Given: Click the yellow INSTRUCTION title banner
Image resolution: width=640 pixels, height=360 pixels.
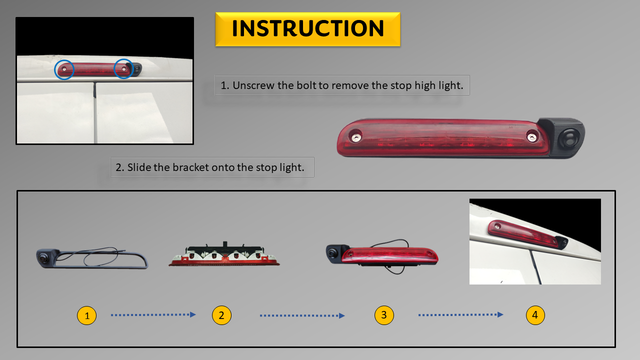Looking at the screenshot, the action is point(307,29).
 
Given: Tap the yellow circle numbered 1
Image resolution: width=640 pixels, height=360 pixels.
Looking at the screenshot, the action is point(87,315).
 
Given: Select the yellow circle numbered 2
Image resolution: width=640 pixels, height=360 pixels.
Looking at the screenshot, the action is point(221,315).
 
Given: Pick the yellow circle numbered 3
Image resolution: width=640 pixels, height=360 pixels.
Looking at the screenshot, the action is point(384,315).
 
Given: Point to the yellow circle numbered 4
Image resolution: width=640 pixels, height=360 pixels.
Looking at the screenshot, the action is point(535,315).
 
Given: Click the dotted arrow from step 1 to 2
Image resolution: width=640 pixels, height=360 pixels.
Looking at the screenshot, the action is point(153,315).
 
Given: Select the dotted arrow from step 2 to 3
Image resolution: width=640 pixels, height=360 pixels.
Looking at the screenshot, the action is point(302,315).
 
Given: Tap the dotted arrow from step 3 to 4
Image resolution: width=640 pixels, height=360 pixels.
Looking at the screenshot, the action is point(461,315).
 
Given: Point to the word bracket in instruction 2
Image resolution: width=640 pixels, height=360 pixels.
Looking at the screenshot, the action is point(191,167).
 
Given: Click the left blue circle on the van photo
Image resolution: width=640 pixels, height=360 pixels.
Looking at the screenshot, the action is point(64,69).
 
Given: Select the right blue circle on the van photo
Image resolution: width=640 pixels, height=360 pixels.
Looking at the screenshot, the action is point(123,69).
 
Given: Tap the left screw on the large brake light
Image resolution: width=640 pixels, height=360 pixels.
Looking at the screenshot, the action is point(356,137).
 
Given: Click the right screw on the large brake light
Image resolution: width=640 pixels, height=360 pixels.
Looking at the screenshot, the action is point(531,137).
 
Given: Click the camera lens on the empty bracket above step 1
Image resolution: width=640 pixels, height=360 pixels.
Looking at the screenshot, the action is point(43,258).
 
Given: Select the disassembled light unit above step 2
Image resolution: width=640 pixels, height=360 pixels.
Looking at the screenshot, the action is point(224,254).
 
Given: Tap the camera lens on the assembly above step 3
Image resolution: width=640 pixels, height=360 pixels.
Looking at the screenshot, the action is point(332,253).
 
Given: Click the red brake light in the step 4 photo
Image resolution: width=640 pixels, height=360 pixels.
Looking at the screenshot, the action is point(523,233).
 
